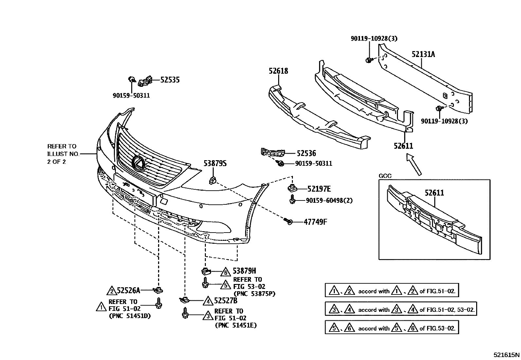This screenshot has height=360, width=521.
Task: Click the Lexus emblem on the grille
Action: pyautogui.click(x=138, y=163)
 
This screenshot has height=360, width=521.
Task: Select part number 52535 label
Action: pyautogui.click(x=170, y=80)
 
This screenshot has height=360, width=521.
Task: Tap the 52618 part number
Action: pyautogui.click(x=278, y=71)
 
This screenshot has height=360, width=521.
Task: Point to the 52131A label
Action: pyautogui.click(x=423, y=54)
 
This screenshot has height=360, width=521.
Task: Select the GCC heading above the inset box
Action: pyautogui.click(x=385, y=176)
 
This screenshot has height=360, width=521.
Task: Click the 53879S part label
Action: pyautogui.click(x=215, y=163)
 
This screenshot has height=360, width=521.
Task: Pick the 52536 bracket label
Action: pyautogui.click(x=306, y=153)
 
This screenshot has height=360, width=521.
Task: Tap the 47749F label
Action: pyautogui.click(x=315, y=222)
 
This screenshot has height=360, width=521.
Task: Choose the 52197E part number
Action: pyautogui.click(x=319, y=189)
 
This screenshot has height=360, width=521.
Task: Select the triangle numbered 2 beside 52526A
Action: pyautogui.click(x=112, y=291)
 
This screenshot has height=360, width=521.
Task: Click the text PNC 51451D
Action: pyautogui.click(x=129, y=316)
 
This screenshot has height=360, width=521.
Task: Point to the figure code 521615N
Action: pyautogui.click(x=506, y=355)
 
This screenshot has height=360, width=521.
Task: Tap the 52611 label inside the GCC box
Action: pyautogui.click(x=434, y=193)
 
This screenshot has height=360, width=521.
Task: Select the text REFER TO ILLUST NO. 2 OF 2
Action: pyautogui.click(x=62, y=154)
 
